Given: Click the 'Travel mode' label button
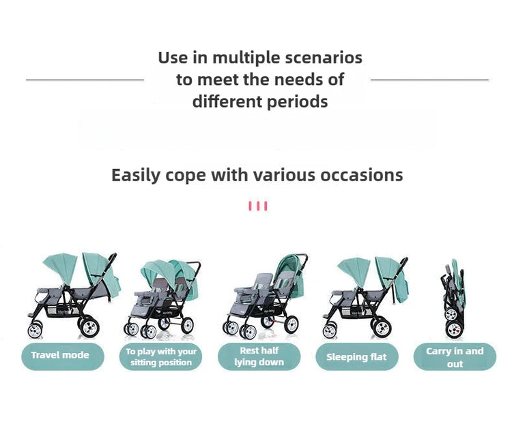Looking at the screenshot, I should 60,356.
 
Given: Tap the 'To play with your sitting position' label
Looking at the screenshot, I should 160,357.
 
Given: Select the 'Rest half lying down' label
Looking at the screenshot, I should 259,356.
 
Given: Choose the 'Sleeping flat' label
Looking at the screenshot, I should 356,357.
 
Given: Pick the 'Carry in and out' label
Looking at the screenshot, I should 455,357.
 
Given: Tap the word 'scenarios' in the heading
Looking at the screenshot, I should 326,57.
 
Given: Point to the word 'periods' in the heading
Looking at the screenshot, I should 296,102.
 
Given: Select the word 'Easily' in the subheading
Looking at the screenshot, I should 136,175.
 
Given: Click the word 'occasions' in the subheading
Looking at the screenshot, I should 359,175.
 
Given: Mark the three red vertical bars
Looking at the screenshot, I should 258,206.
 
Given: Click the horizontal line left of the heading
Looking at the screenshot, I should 85,80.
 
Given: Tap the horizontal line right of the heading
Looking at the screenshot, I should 429,80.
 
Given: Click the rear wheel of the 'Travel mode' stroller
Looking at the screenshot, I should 89,326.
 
